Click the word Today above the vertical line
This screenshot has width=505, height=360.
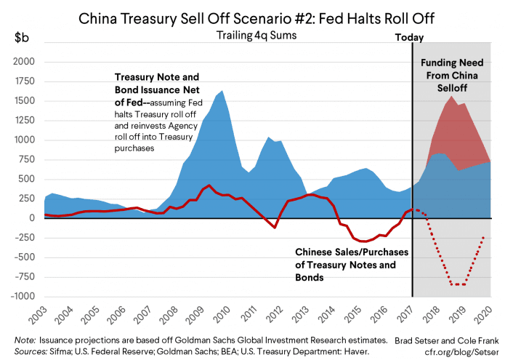point(409,37)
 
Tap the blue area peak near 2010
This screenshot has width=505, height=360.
point(222,91)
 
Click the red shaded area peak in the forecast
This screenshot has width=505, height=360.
point(452,96)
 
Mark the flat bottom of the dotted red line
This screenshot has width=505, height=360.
point(458,284)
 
